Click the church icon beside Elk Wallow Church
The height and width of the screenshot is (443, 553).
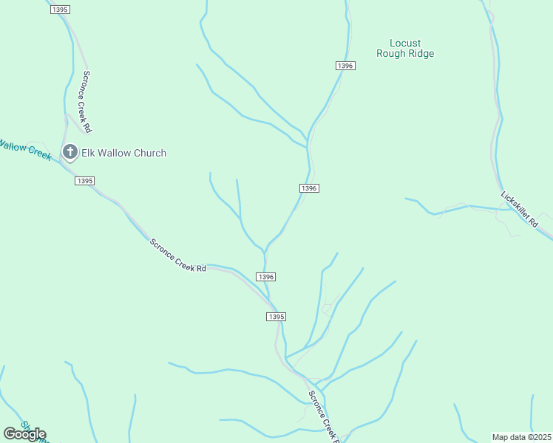click(70, 152)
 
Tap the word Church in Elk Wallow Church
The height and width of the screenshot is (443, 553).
click(147, 153)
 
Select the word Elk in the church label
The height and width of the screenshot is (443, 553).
click(89, 153)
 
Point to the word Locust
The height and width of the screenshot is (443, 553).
click(405, 44)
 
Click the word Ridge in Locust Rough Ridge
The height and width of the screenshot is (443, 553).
click(421, 54)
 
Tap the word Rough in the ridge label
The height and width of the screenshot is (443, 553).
click(390, 54)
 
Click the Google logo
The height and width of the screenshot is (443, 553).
click(24, 434)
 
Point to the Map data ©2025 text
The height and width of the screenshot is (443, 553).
click(522, 437)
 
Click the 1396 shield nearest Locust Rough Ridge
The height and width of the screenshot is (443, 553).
click(346, 66)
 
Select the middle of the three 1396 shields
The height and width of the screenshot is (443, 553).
click(309, 188)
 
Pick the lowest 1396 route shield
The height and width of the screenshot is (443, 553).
click(266, 276)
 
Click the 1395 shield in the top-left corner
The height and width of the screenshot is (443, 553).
click(61, 8)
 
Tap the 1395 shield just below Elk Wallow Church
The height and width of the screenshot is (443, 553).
click(84, 181)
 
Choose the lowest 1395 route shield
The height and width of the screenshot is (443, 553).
click(275, 316)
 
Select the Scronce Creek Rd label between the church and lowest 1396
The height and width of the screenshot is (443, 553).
click(177, 255)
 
